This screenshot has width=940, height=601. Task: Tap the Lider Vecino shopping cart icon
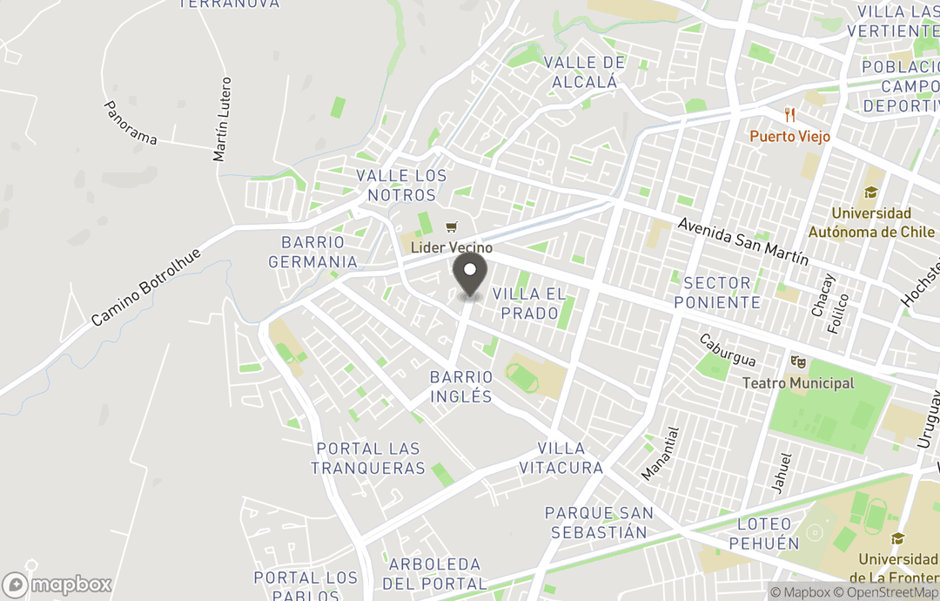(x=451, y=228)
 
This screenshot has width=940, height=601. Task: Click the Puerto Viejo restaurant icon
(x=790, y=115)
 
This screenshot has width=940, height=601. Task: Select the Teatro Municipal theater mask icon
(x=798, y=361)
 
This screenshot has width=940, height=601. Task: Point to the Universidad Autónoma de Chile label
(x=870, y=223)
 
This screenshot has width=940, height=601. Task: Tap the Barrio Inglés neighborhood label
(x=461, y=387)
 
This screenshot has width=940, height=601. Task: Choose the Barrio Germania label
(x=312, y=252)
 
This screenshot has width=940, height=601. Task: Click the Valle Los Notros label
(x=401, y=185)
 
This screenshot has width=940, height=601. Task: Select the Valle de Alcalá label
(x=584, y=72)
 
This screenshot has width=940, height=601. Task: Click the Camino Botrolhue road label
(x=146, y=287)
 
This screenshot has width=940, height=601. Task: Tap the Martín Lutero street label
(x=223, y=119)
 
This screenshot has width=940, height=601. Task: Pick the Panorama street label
(x=131, y=123)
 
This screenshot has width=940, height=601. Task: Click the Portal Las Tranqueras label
(x=368, y=458)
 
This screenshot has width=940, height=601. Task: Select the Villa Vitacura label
(x=561, y=458)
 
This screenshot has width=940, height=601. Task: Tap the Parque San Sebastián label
(x=600, y=523)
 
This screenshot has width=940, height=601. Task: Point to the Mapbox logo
(x=57, y=584)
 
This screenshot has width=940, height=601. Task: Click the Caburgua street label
(x=727, y=349)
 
